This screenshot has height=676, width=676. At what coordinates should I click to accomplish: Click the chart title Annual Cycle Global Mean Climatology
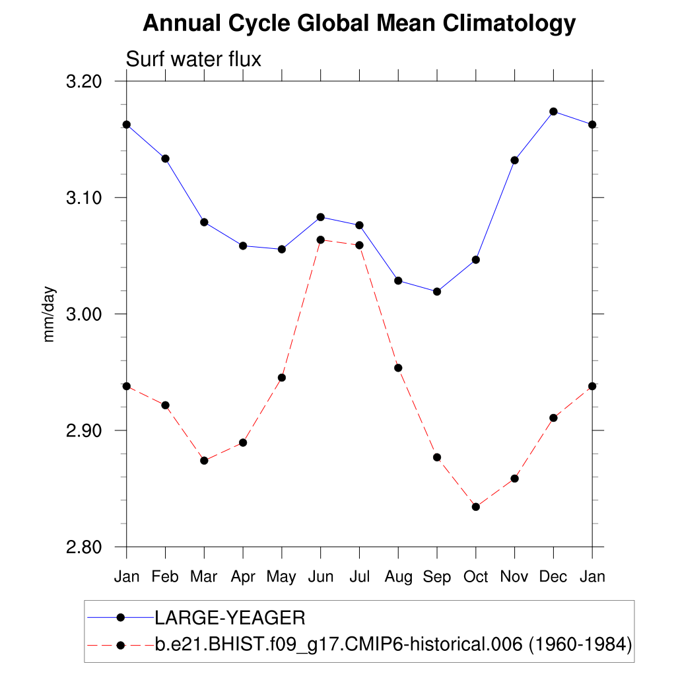[x=359, y=24]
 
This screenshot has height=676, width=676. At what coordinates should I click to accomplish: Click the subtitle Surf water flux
[x=193, y=59]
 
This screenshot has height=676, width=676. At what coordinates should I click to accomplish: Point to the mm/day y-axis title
[x=49, y=314]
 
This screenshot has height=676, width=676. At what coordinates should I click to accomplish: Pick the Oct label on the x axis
[x=475, y=577]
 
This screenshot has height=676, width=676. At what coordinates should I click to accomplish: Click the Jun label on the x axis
[x=320, y=577]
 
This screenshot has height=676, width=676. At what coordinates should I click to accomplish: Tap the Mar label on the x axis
[x=204, y=577]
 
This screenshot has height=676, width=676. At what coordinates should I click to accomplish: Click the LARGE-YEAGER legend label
[x=230, y=619]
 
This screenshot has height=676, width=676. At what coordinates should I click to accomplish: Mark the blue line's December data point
[x=553, y=111]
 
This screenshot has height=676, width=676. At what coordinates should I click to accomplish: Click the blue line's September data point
[x=437, y=291]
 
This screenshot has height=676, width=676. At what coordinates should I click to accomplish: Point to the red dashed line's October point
[x=475, y=506]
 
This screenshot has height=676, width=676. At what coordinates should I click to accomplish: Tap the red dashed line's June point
[x=320, y=240]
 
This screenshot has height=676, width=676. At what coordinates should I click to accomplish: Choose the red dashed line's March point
[x=204, y=460]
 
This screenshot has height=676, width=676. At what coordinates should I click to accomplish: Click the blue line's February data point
[x=165, y=158]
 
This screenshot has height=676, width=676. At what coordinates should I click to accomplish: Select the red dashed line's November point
[x=514, y=478]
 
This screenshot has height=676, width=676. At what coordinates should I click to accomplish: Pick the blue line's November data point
[x=514, y=160]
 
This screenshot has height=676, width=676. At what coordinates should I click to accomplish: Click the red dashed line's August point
[x=398, y=368]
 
